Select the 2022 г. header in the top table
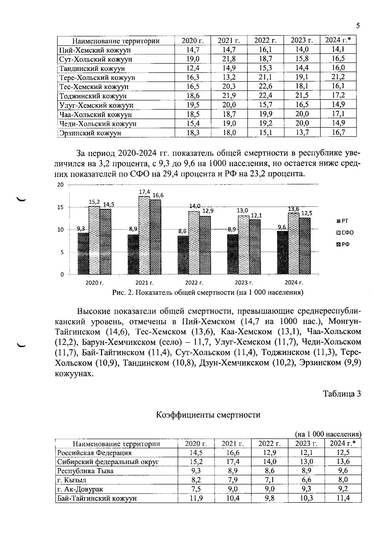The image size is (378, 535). [x=265, y=40]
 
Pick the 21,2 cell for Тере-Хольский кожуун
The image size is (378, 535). [x=338, y=77]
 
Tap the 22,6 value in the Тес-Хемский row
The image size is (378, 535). [x=265, y=86]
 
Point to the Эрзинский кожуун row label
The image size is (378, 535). [x=90, y=133]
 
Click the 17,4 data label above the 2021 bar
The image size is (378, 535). [x=145, y=192]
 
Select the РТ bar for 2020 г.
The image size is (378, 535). [x=83, y=254]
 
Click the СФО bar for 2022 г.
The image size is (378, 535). [x=194, y=243]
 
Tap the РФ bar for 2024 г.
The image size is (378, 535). [x=305, y=246]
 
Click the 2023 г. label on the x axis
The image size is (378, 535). [x=244, y=282]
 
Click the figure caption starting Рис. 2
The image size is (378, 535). [x=208, y=293]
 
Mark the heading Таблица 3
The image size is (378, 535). [x=342, y=394]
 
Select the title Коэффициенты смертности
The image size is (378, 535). [x=208, y=415]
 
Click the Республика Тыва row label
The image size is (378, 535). [x=85, y=471]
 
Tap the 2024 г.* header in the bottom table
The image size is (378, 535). [x=342, y=443]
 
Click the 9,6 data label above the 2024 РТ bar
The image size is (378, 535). [x=282, y=227]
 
